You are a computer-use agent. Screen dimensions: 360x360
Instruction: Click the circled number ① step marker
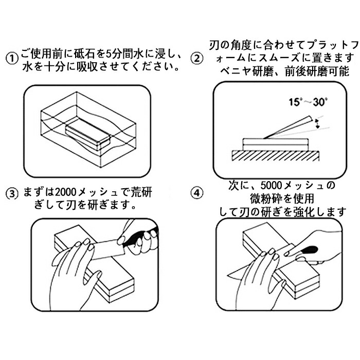pyautogui.click(x=12, y=57)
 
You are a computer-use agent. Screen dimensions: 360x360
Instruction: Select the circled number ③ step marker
pyautogui.click(x=12, y=194)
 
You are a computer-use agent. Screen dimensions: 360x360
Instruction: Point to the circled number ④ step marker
pyautogui.click(x=195, y=194)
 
